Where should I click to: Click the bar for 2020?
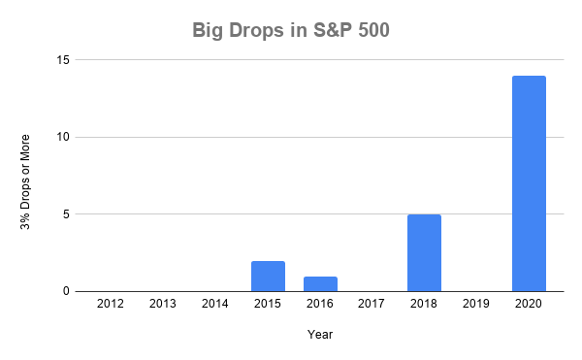(x=529, y=183)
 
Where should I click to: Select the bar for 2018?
(x=424, y=252)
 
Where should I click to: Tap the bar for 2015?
(x=268, y=276)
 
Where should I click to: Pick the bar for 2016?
(x=320, y=283)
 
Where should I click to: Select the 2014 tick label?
(x=215, y=305)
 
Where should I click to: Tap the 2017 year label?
(x=372, y=305)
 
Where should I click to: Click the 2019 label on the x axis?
(x=476, y=305)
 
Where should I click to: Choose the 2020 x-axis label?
(x=529, y=305)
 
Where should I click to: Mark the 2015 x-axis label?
(x=268, y=305)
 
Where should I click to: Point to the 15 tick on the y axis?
(x=63, y=60)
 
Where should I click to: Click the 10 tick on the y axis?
(x=63, y=137)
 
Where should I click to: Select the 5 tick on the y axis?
(x=67, y=213)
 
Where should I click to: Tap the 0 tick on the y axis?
(x=67, y=291)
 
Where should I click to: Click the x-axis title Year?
(x=320, y=334)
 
